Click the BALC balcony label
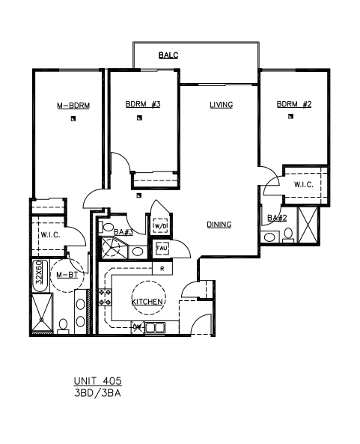click(168, 55)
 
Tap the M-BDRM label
click(73, 106)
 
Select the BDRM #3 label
click(143, 104)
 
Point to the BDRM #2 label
click(294, 104)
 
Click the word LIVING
click(222, 105)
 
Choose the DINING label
click(219, 225)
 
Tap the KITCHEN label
click(147, 302)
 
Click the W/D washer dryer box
click(160, 225)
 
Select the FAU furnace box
click(162, 249)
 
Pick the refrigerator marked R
click(162, 269)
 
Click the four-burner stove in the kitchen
click(105, 297)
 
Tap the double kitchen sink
click(155, 328)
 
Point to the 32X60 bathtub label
click(40, 272)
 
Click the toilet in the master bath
click(63, 326)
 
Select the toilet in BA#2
click(288, 236)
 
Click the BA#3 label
click(123, 232)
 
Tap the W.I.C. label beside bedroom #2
click(304, 185)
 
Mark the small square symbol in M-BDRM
click(73, 119)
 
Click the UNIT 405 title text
click(98, 381)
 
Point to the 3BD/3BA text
click(97, 394)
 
